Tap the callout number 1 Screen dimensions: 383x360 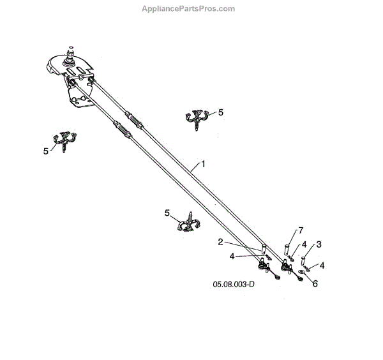(x=203, y=164)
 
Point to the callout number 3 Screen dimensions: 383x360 (x=319, y=244)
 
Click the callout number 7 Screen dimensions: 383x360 (x=300, y=230)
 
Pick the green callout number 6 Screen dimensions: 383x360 (x=315, y=285)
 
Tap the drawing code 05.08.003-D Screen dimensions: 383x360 (x=233, y=285)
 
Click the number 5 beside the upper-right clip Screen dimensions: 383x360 (x=221, y=112)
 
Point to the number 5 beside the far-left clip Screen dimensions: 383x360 (x=45, y=151)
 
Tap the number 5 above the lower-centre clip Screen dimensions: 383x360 (x=167, y=213)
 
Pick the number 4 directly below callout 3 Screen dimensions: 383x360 (x=322, y=266)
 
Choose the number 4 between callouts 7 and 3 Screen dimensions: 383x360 (x=304, y=244)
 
